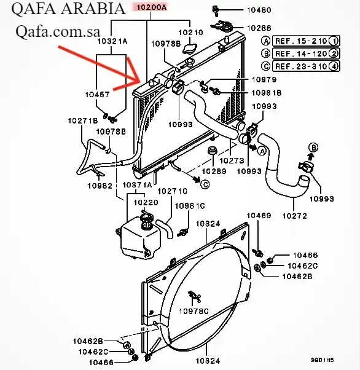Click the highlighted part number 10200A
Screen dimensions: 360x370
(152, 7)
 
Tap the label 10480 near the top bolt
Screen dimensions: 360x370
(259, 10)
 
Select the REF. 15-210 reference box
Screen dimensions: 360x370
(306, 41)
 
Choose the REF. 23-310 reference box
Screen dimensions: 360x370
(306, 66)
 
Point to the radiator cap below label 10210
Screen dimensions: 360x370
(189, 48)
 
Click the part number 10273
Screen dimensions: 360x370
(232, 160)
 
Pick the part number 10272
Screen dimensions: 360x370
(295, 216)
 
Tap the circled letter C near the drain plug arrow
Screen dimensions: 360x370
(205, 184)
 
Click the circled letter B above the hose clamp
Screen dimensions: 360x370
(313, 148)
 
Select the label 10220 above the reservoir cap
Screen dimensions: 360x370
(146, 202)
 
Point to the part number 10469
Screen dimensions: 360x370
(259, 216)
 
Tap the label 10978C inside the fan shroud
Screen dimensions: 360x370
(194, 312)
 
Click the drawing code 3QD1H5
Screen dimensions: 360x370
(322, 360)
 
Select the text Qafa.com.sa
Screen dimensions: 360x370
(58, 31)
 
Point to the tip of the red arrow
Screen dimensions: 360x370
(141, 81)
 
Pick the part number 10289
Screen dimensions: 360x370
(214, 171)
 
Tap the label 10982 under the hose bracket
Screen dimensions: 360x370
(100, 186)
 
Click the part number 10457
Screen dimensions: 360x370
(98, 95)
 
